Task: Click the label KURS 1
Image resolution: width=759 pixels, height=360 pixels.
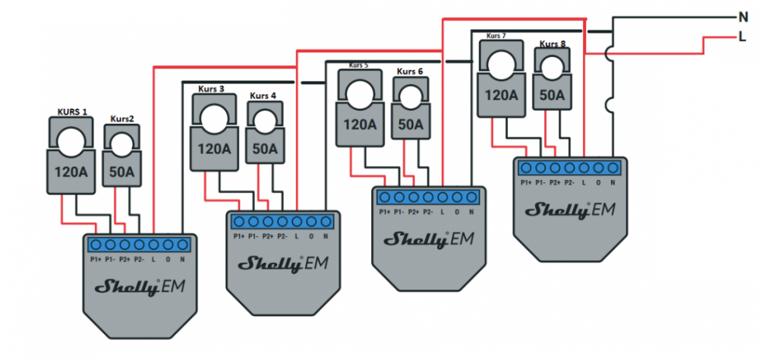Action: pyautogui.click(x=72, y=112)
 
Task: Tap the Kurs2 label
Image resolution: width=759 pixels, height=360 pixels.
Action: pyautogui.click(x=121, y=118)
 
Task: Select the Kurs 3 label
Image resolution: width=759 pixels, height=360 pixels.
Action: pyautogui.click(x=211, y=88)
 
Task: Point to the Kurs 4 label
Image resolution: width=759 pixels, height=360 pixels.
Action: pyautogui.click(x=263, y=96)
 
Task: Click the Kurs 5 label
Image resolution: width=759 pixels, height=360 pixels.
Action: pyautogui.click(x=357, y=65)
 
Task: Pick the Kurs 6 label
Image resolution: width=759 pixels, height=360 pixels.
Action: pyautogui.click(x=409, y=71)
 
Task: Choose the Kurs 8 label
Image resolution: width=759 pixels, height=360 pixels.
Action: pyautogui.click(x=553, y=44)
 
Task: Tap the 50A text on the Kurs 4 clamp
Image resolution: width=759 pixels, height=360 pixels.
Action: pyautogui.click(x=265, y=149)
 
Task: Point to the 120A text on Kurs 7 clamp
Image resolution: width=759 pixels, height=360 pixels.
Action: pyautogui.click(x=500, y=96)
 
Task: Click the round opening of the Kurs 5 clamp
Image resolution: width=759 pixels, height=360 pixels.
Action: pyautogui.click(x=357, y=91)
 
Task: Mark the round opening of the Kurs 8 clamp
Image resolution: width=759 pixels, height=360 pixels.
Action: pyautogui.click(x=552, y=67)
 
